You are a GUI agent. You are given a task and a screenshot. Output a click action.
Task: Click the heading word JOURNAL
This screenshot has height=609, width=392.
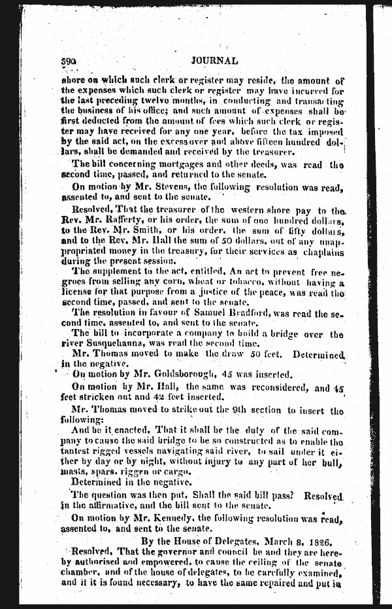[x=214, y=61]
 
